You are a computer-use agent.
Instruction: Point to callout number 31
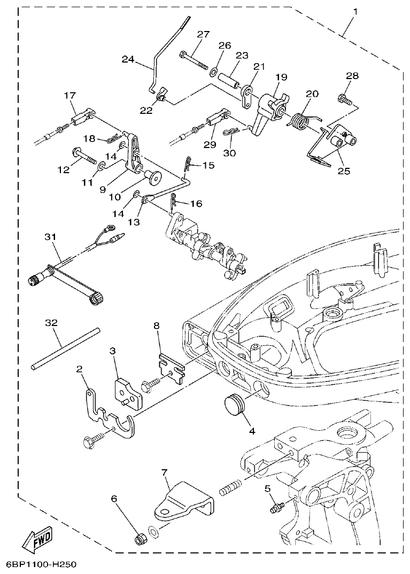pyautogui.click(x=50, y=236)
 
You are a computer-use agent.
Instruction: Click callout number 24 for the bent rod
pyautogui.click(x=128, y=59)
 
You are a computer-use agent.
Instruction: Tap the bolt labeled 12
pyautogui.click(x=86, y=157)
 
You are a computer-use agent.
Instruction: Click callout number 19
pyautogui.click(x=282, y=77)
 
